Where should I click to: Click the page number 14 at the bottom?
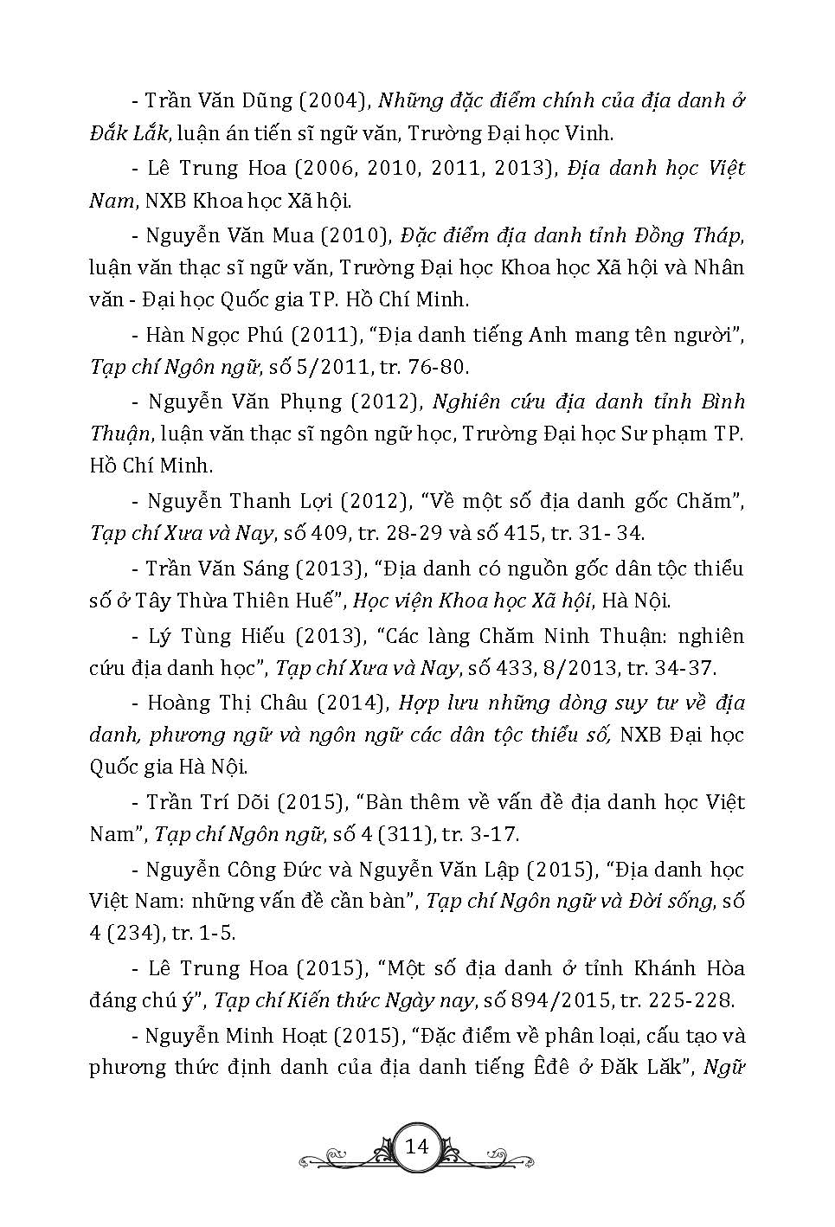point(417,1147)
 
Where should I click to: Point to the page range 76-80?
point(437,367)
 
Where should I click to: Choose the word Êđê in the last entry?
point(549,1067)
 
